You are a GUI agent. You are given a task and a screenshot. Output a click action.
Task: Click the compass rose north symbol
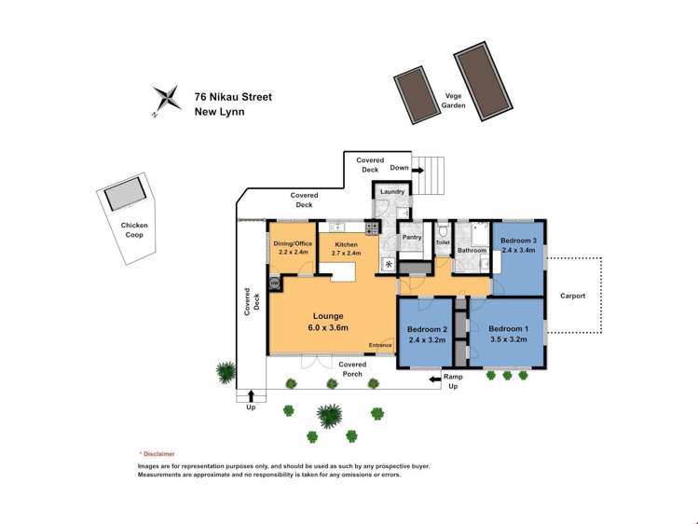168,99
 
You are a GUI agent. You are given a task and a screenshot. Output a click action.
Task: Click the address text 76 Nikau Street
233,97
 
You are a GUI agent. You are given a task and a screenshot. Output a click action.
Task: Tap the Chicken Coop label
134,229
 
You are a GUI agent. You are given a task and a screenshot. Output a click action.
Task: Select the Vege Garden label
453,101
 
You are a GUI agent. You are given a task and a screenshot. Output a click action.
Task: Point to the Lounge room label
328,316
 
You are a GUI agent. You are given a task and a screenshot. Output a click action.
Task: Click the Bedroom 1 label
509,329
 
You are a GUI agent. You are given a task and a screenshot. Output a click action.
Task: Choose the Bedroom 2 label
427,329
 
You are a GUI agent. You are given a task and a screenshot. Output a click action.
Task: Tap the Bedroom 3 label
518,241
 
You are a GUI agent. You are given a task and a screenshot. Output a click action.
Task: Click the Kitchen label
347,244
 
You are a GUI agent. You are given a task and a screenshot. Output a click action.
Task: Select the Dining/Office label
293,243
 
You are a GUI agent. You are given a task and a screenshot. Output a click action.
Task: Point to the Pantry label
412,237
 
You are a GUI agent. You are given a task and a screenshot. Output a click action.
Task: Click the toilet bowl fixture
443,231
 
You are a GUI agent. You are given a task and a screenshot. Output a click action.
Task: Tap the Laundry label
392,191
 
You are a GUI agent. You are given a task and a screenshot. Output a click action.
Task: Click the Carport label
572,296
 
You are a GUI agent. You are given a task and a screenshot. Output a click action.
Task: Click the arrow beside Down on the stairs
418,170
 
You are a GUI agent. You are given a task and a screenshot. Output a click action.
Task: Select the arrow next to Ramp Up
435,379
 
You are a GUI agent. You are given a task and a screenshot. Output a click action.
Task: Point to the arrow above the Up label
251,395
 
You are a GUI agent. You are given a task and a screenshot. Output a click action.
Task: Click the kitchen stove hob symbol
372,228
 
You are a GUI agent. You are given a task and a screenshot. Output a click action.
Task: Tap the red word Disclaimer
159,454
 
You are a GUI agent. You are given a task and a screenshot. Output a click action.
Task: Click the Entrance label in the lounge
380,345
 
